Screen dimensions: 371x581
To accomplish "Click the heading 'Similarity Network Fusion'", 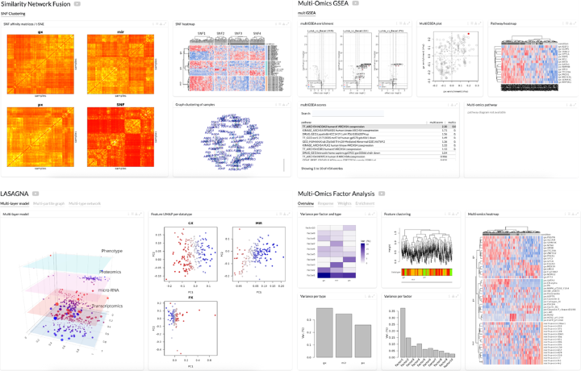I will (x=36, y=5).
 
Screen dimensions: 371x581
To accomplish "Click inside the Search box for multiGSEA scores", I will (x=339, y=114).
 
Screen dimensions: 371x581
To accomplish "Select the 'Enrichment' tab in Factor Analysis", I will (x=366, y=204).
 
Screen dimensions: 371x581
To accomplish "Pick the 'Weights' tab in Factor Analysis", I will (x=345, y=204).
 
